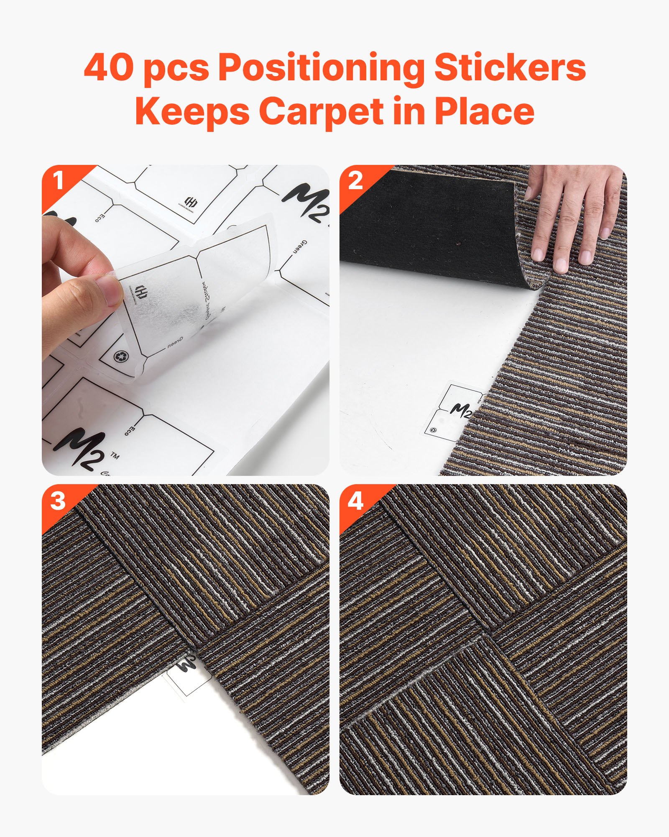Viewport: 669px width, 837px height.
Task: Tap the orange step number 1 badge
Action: [58, 181]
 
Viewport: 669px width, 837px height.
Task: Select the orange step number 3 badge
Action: [58, 501]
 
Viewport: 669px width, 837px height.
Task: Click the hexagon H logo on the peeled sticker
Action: [141, 290]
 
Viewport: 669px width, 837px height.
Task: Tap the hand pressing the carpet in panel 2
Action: [573, 218]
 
